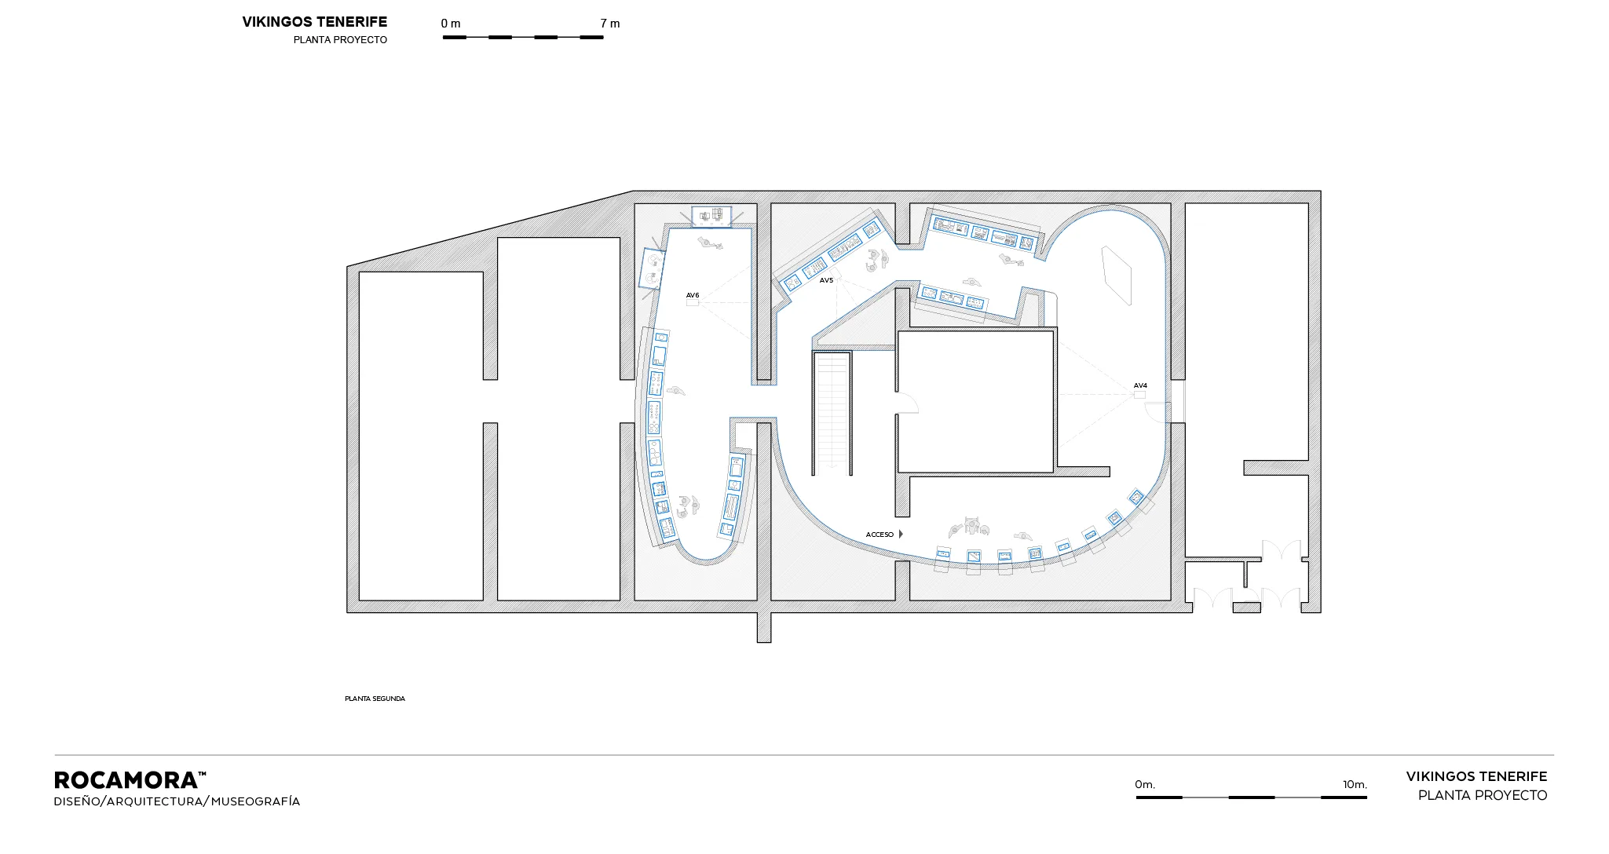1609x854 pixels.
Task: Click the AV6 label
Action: click(692, 296)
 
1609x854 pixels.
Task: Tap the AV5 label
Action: click(826, 280)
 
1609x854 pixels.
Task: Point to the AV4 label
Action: click(1140, 385)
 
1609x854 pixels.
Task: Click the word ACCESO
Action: click(879, 535)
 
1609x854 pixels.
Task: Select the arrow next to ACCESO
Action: click(901, 534)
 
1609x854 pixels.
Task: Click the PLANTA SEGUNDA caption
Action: click(375, 699)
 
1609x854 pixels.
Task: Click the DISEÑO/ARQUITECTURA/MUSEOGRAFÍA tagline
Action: click(177, 801)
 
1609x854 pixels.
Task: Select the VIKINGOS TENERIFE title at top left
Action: click(314, 22)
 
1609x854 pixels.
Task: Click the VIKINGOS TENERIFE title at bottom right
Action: click(1476, 776)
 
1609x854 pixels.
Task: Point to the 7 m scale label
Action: click(610, 24)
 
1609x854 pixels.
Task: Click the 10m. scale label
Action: click(1355, 784)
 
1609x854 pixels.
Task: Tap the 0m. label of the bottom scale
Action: click(1145, 784)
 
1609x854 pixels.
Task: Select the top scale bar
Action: click(523, 37)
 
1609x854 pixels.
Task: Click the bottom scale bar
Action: click(1252, 797)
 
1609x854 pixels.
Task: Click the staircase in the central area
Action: click(832, 414)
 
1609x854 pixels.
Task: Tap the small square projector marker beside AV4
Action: click(1139, 395)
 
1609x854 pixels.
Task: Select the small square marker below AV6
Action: click(692, 302)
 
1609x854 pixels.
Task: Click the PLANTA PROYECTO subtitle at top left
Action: click(340, 40)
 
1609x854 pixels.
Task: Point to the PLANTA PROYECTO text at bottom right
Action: click(1483, 795)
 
